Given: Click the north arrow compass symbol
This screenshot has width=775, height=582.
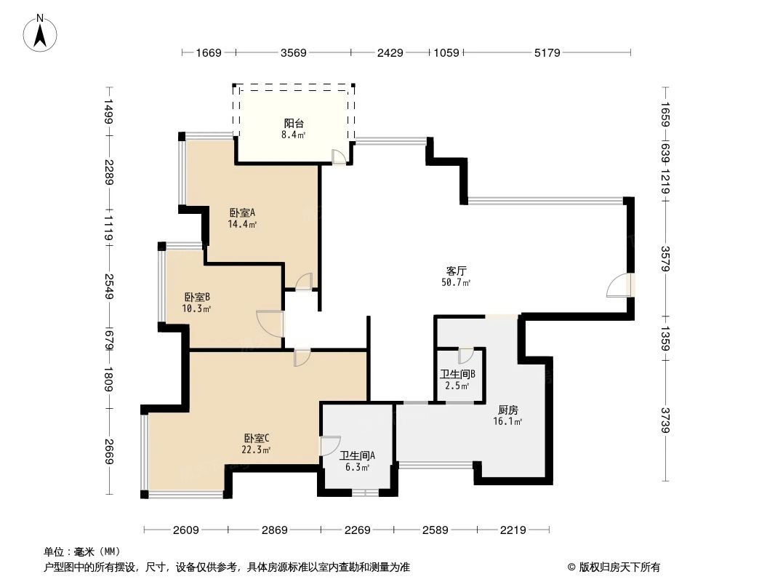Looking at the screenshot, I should pos(41,32).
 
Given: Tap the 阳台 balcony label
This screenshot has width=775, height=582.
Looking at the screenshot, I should pos(294,123).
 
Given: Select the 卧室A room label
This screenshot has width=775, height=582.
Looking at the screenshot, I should pos(242,213).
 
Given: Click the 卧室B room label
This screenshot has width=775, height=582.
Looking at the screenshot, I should pos(197,297).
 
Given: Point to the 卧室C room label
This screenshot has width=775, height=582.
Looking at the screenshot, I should pos(257,438).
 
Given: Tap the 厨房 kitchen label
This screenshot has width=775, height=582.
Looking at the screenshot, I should pos(508,410).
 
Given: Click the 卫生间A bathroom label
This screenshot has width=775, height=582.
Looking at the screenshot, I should pos(357,456).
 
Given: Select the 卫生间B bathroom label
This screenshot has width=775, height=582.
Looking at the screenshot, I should pos(457,375).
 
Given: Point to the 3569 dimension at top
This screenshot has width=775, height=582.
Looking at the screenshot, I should pos(293,52).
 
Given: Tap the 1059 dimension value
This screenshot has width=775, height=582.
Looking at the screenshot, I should pos(446,52).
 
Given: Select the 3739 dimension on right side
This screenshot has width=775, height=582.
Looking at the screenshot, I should pos(664,420).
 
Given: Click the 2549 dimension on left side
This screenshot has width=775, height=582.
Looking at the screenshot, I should pos(108,286).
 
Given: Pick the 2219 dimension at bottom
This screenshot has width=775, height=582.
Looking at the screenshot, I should pos(513,530).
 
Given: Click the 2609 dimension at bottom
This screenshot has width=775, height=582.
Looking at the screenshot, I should pos(186,530).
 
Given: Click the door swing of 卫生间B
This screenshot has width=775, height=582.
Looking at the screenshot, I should pos(465,356).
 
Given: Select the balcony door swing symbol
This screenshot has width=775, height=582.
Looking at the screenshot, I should pos(339,156).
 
